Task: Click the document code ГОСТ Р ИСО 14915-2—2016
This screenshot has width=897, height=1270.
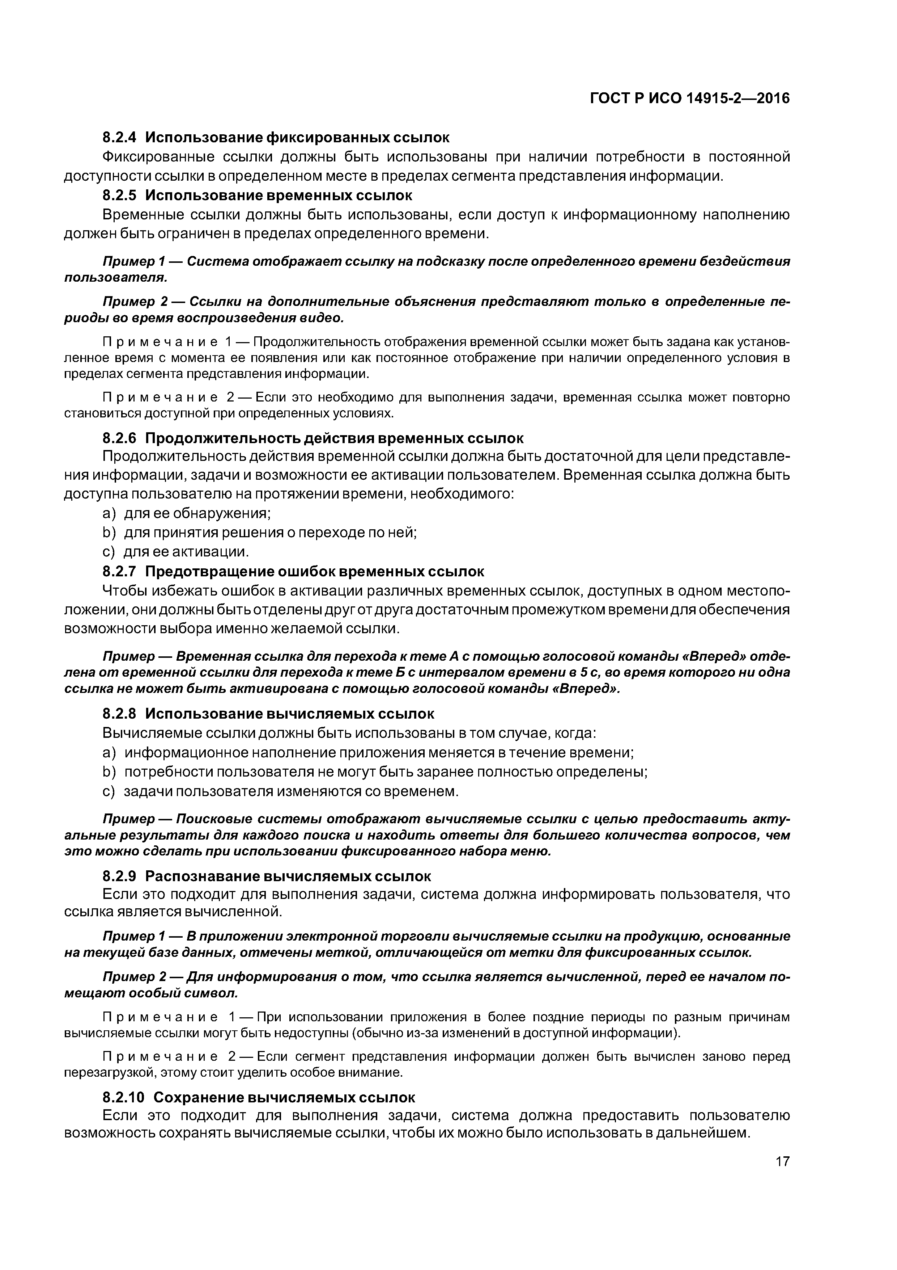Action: click(x=690, y=98)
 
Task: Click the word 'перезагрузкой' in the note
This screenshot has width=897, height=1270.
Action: click(x=108, y=1073)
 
